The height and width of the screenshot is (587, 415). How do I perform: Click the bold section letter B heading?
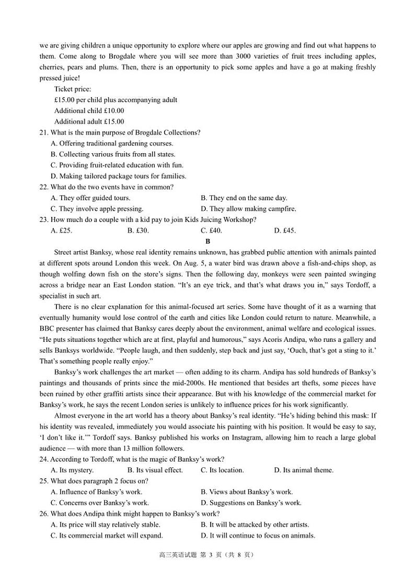tap(208, 241)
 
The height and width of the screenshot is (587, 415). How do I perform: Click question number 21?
tap(43, 133)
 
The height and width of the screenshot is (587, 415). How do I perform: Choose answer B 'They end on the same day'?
tap(244, 198)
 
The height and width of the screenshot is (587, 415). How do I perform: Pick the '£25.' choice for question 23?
tap(61, 231)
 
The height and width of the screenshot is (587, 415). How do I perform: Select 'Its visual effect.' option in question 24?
tap(155, 470)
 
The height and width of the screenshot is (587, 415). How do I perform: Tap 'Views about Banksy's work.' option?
tap(247, 492)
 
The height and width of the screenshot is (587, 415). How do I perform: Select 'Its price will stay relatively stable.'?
tap(105, 525)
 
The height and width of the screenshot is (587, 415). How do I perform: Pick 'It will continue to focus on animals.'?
tap(258, 536)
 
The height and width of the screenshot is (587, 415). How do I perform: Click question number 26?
tap(43, 514)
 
